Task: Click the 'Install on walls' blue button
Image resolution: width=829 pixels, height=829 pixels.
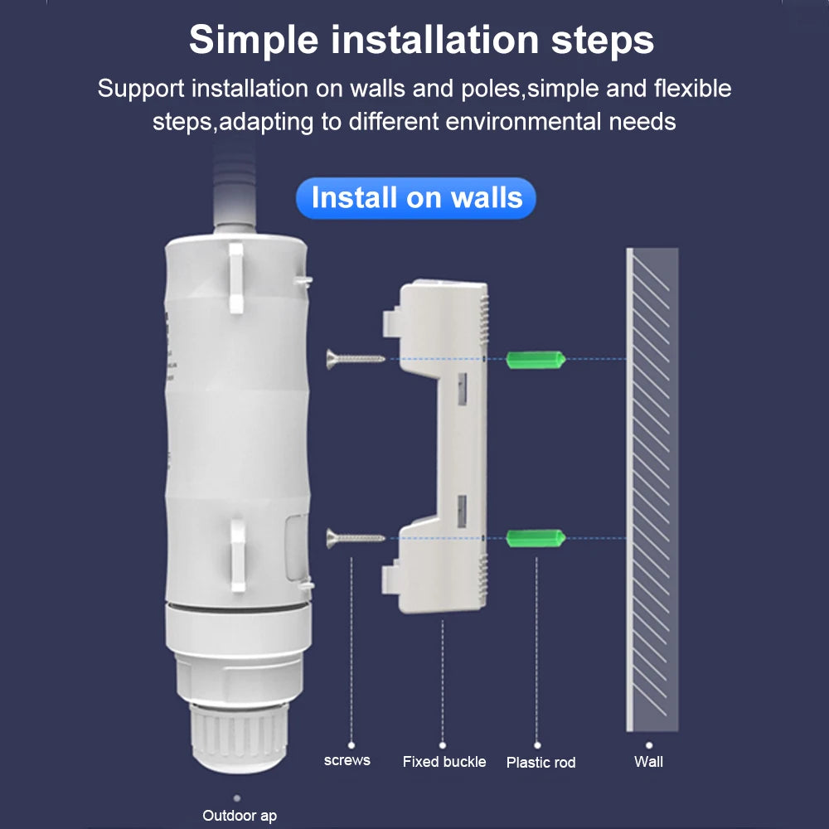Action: click(x=416, y=198)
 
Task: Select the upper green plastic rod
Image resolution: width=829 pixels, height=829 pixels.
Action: click(x=536, y=359)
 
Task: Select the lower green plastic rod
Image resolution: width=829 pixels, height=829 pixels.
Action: click(x=536, y=538)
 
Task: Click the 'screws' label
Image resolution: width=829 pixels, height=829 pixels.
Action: click(x=347, y=759)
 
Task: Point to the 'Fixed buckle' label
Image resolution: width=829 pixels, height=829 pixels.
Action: click(x=444, y=761)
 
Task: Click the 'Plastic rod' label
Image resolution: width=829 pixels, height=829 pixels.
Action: click(x=541, y=762)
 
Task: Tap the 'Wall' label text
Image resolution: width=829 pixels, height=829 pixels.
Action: click(x=648, y=761)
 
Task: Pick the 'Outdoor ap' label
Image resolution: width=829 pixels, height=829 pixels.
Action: click(x=240, y=816)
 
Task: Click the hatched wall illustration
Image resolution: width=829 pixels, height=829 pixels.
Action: click(x=652, y=489)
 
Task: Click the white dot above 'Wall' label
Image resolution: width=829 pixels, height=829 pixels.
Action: click(x=649, y=745)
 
